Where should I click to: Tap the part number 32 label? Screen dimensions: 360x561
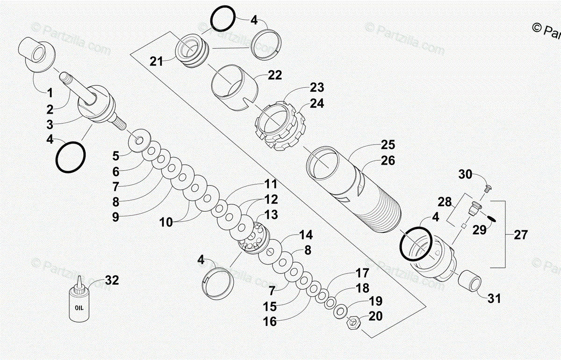click(x=112, y=281)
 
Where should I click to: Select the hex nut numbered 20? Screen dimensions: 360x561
click(x=353, y=322)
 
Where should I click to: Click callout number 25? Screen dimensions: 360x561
click(x=388, y=144)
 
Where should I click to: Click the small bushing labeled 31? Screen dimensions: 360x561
click(x=468, y=283)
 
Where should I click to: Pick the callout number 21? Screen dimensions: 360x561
click(x=157, y=61)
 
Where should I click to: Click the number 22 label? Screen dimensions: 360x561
click(x=275, y=75)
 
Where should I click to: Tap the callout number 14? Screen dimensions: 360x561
click(x=306, y=235)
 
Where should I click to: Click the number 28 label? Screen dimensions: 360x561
click(x=445, y=202)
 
